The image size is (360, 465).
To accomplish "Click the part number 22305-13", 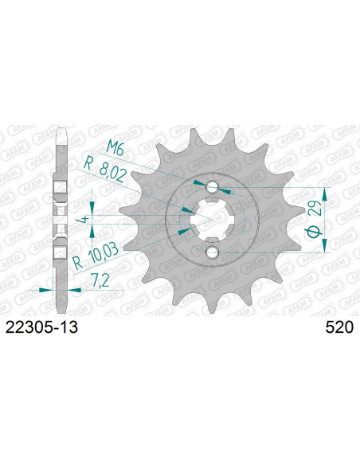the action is pos(41,328).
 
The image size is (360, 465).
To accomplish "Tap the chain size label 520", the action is pos(339,328).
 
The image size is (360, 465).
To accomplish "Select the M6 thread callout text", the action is pos(115,147).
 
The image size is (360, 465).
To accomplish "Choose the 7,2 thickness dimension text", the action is pos(100,280).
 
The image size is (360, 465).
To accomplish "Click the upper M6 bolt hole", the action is pos(213,187).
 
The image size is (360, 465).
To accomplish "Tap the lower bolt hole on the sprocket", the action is pos(213,252).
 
